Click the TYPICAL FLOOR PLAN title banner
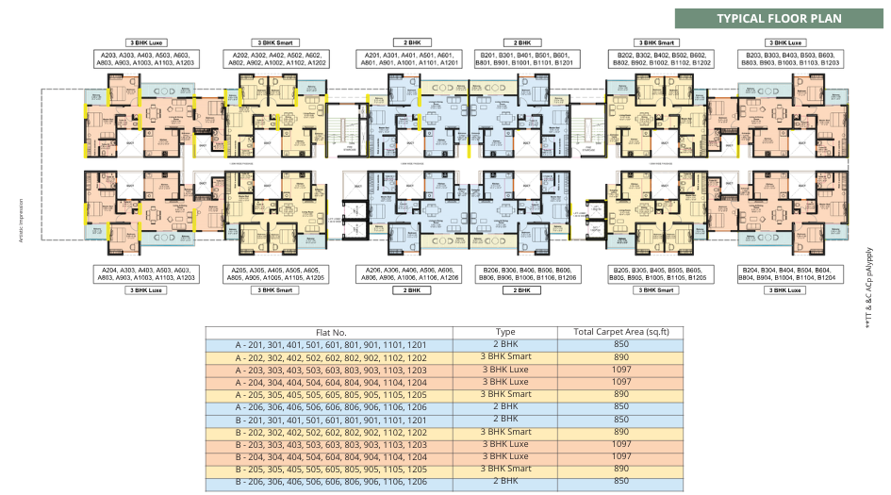click(779, 19)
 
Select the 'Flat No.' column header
click(329, 332)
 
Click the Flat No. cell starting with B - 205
click(329, 469)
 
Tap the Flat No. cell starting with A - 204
click(329, 382)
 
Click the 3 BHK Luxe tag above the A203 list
click(146, 42)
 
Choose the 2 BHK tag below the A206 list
click(411, 290)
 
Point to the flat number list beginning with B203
click(788, 58)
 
